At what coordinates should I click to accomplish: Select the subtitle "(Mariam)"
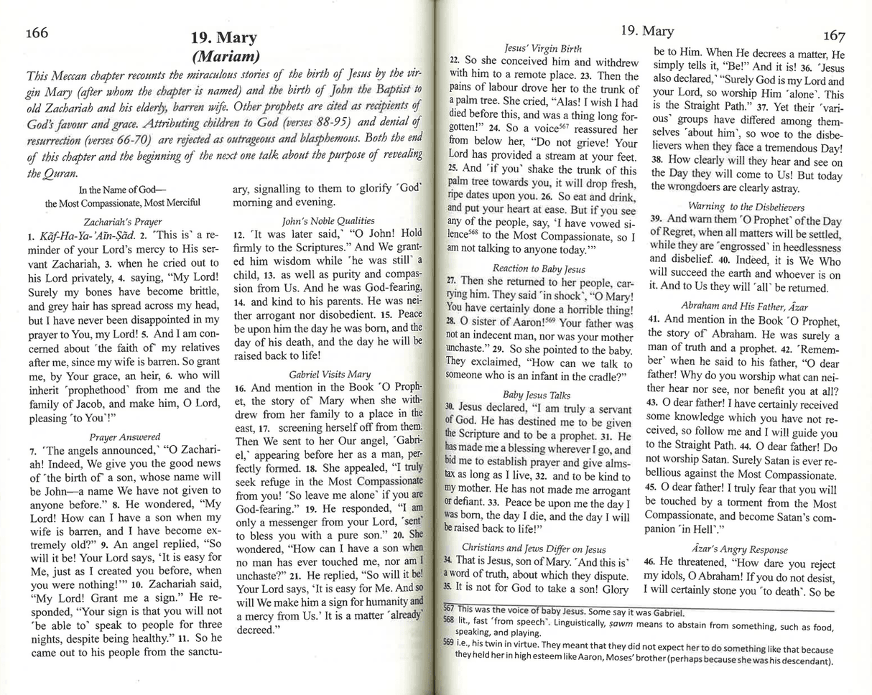click(226, 56)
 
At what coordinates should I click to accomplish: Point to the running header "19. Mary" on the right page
click(646, 31)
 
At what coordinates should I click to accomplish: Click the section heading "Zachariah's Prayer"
click(123, 222)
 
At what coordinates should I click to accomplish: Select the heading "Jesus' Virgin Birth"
click(543, 49)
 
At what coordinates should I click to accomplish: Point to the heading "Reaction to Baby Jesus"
click(539, 269)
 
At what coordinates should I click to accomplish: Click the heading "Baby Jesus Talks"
click(537, 395)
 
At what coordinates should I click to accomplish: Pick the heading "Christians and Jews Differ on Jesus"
click(537, 546)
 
